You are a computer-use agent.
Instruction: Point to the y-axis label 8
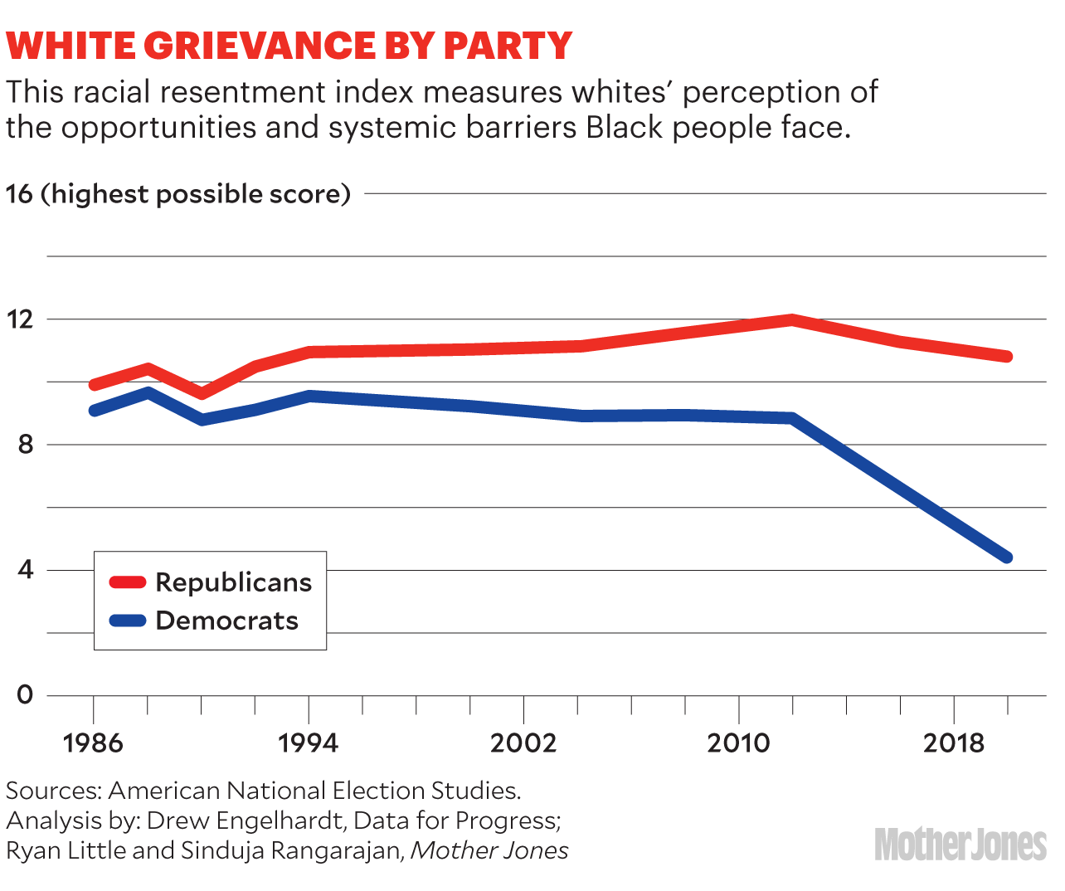click(x=25, y=445)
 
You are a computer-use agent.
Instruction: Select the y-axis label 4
click(x=25, y=570)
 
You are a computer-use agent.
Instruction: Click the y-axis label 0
click(x=25, y=694)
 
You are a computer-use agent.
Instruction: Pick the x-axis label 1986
click(x=93, y=742)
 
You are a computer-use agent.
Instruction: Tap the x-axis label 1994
click(x=309, y=742)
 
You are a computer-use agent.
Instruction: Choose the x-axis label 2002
click(x=523, y=742)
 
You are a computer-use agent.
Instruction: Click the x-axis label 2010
click(x=738, y=742)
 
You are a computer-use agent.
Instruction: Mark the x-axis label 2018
click(x=954, y=742)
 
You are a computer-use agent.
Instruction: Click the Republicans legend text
click(x=233, y=582)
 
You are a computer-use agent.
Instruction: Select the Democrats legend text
click(x=226, y=621)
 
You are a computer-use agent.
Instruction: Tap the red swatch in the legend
click(x=128, y=582)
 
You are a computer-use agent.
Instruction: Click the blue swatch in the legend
click(x=128, y=621)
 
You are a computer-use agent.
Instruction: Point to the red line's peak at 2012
click(x=792, y=319)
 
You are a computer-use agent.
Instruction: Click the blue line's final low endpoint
click(x=1006, y=557)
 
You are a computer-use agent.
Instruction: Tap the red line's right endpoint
click(x=1006, y=357)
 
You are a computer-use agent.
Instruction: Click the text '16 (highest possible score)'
click(x=178, y=194)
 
